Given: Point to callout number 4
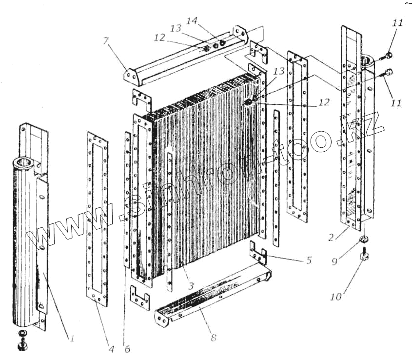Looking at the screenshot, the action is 111,349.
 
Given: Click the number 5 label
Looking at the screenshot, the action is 308,260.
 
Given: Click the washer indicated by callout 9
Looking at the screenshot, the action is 363,240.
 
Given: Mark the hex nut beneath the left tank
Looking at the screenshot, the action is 21,346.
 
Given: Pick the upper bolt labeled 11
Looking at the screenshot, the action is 388,54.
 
